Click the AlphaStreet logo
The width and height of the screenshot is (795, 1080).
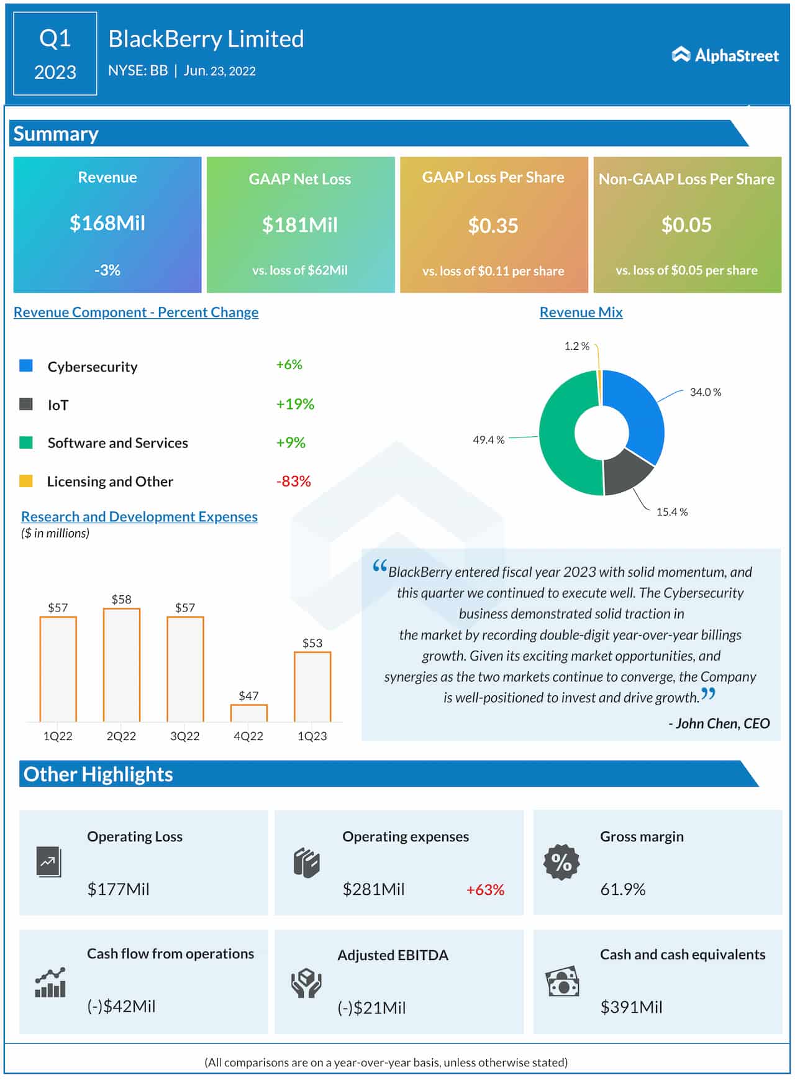725,55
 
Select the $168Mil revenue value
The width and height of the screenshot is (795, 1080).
107,223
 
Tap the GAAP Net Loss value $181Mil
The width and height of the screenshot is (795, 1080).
300,225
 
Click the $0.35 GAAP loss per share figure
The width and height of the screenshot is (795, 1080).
493,226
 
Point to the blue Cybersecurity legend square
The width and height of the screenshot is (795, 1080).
26,365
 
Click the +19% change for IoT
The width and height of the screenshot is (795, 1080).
295,404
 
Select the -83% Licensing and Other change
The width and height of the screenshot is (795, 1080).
293,481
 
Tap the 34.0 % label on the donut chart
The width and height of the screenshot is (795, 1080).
705,392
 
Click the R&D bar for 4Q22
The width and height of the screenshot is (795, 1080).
248,713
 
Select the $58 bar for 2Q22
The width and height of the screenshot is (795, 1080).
122,665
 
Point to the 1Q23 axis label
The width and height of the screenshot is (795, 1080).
312,736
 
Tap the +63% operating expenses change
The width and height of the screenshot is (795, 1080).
485,889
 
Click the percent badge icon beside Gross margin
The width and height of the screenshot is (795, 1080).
561,862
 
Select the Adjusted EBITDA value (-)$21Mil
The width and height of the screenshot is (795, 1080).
371,1007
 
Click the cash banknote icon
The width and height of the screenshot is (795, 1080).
562,982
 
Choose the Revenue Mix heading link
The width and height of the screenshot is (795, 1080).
581,312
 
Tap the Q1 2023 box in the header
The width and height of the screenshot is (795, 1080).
55,54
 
